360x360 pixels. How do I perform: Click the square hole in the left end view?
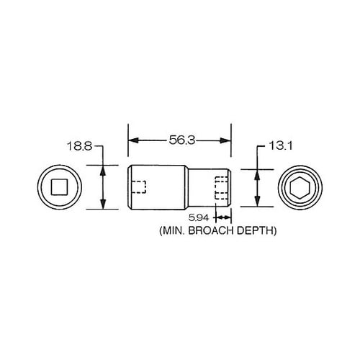coord(60,188)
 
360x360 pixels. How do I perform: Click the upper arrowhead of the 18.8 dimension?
coord(104,170)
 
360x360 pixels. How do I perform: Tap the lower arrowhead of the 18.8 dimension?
coord(104,205)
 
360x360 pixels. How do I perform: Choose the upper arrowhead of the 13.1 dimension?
coord(257,174)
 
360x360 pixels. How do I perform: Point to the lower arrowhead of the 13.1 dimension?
coord(257,202)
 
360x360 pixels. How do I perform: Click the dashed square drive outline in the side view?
coord(139,187)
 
